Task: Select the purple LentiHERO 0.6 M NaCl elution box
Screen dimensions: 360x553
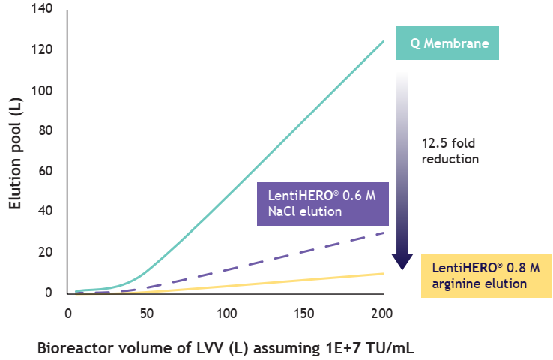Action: coord(322,203)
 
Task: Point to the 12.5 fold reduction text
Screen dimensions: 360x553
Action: coord(450,150)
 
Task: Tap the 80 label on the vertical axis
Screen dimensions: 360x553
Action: coord(44,131)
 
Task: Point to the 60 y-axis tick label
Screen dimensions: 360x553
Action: coord(44,172)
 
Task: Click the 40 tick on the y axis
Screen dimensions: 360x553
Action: coord(44,211)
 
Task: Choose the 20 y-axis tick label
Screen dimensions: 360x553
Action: coord(44,252)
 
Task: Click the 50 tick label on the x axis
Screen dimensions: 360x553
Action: coord(148,312)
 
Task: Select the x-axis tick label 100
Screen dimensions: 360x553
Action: coord(226,312)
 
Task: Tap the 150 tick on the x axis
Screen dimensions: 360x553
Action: coord(305,312)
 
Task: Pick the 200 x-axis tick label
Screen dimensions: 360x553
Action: coord(384,312)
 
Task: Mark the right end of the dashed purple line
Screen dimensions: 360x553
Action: coord(383,232)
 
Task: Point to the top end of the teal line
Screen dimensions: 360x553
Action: coord(383,41)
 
